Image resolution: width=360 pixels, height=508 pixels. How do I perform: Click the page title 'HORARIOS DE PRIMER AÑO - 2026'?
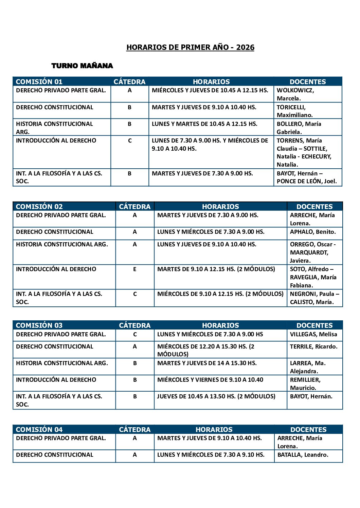click(190, 48)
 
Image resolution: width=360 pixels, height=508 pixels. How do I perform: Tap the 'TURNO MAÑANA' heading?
click(82, 66)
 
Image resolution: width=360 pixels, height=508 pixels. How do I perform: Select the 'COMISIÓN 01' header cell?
click(39, 82)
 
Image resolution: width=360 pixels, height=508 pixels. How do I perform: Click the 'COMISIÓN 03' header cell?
click(39, 325)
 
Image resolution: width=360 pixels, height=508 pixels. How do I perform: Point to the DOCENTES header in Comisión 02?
click(314, 207)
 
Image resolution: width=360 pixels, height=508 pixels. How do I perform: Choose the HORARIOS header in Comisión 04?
click(214, 430)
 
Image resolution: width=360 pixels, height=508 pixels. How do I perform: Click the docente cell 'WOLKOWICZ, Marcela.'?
click(295, 94)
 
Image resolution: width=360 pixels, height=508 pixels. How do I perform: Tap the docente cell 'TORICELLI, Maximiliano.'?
click(294, 111)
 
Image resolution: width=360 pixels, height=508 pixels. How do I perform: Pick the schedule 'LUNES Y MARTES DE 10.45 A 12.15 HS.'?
click(204, 124)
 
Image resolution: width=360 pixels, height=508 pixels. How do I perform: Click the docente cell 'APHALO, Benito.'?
click(312, 232)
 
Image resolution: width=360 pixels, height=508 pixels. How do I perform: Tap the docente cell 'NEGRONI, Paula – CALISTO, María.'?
click(314, 298)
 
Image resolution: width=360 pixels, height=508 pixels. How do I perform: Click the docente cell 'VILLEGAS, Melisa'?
click(313, 335)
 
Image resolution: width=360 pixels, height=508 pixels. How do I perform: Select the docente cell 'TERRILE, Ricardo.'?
click(313, 347)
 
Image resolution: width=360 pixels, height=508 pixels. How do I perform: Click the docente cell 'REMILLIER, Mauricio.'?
click(305, 384)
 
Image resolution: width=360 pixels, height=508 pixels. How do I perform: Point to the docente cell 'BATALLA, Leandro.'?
click(303, 455)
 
